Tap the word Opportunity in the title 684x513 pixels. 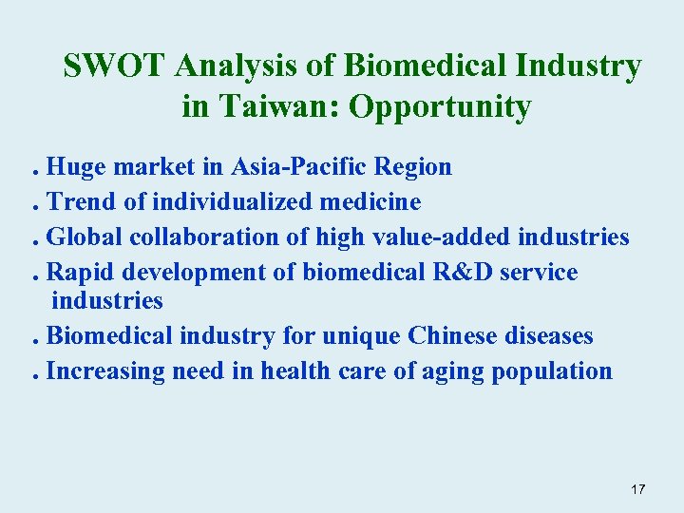coord(440,107)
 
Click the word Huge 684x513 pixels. coord(78,168)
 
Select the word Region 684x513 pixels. coord(413,168)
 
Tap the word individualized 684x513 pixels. coord(227,201)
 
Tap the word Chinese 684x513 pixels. coord(453,336)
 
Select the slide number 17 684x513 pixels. coord(637,489)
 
